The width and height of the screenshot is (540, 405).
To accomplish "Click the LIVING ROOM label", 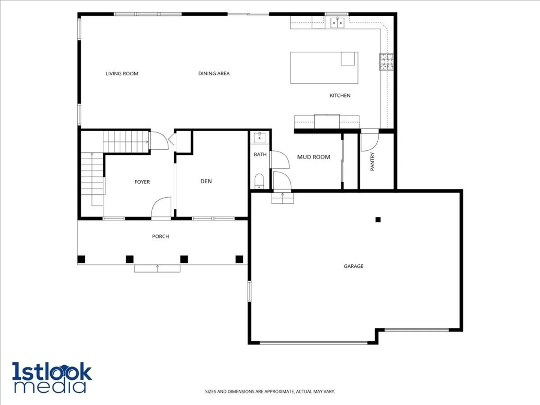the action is [122, 73].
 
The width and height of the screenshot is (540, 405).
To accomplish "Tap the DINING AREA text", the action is [214, 73].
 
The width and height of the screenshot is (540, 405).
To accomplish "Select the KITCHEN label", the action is [340, 95].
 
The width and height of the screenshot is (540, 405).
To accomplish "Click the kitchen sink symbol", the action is [337, 22].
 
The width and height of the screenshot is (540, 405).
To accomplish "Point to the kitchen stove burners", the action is [386, 61].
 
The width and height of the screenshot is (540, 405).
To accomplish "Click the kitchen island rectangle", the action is [324, 67].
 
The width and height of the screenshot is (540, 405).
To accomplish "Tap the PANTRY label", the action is [372, 161].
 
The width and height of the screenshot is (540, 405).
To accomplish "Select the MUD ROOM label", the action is [313, 157].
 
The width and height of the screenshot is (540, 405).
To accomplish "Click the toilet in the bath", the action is [259, 181].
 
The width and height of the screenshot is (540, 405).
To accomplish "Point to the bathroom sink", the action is [259, 138].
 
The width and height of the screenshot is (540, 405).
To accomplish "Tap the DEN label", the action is [206, 181].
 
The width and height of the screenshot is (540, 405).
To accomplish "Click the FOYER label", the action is [142, 182].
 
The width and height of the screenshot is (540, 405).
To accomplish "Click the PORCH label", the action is [160, 236].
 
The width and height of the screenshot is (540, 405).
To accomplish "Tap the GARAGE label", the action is [354, 266].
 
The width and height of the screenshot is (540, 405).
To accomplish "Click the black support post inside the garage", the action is [378, 220].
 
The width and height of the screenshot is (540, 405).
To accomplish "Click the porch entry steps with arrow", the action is [157, 268].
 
